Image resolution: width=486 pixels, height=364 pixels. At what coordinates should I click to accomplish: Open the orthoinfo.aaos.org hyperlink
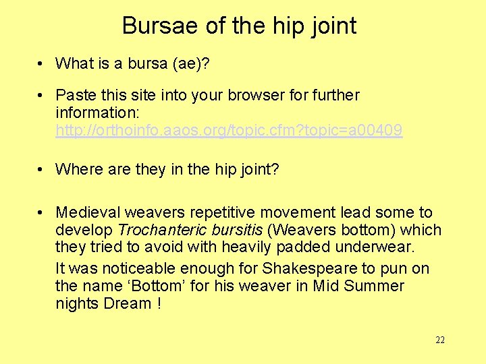[x=229, y=131]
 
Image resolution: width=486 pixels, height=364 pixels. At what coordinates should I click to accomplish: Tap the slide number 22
[x=440, y=340]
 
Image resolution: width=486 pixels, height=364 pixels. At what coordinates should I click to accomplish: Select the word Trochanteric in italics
[x=159, y=231]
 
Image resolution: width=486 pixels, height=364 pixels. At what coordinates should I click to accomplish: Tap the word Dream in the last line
[x=128, y=303]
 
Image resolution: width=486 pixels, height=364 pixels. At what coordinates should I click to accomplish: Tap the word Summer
[x=374, y=286]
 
